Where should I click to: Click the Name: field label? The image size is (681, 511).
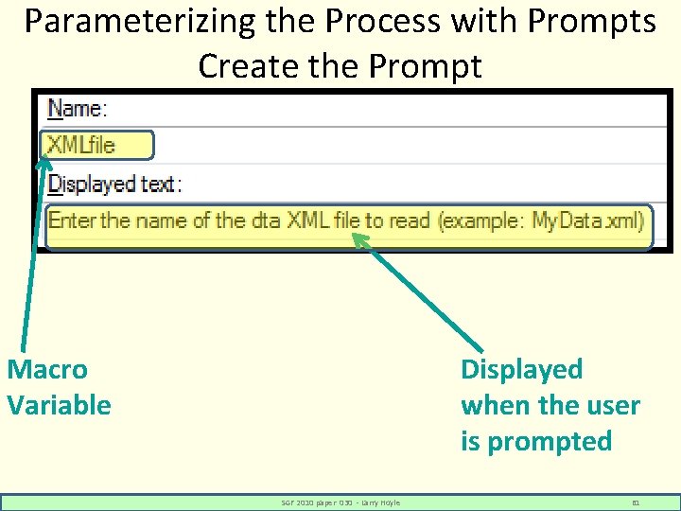pos(78,109)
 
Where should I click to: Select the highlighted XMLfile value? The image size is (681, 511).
pos(96,145)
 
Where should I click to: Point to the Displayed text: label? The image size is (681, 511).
pos(114,183)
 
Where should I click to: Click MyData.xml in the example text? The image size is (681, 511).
pos(587,221)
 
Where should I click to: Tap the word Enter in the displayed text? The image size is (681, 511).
pos(73,221)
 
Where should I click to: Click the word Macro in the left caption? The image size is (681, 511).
pos(47,369)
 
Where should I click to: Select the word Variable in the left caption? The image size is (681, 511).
pos(59,405)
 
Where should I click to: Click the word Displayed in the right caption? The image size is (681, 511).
pos(521,369)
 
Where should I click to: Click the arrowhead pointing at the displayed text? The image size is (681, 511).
pos(360,240)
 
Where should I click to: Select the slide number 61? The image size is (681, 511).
pos(636,502)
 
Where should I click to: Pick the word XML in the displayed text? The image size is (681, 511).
pos(307,221)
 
